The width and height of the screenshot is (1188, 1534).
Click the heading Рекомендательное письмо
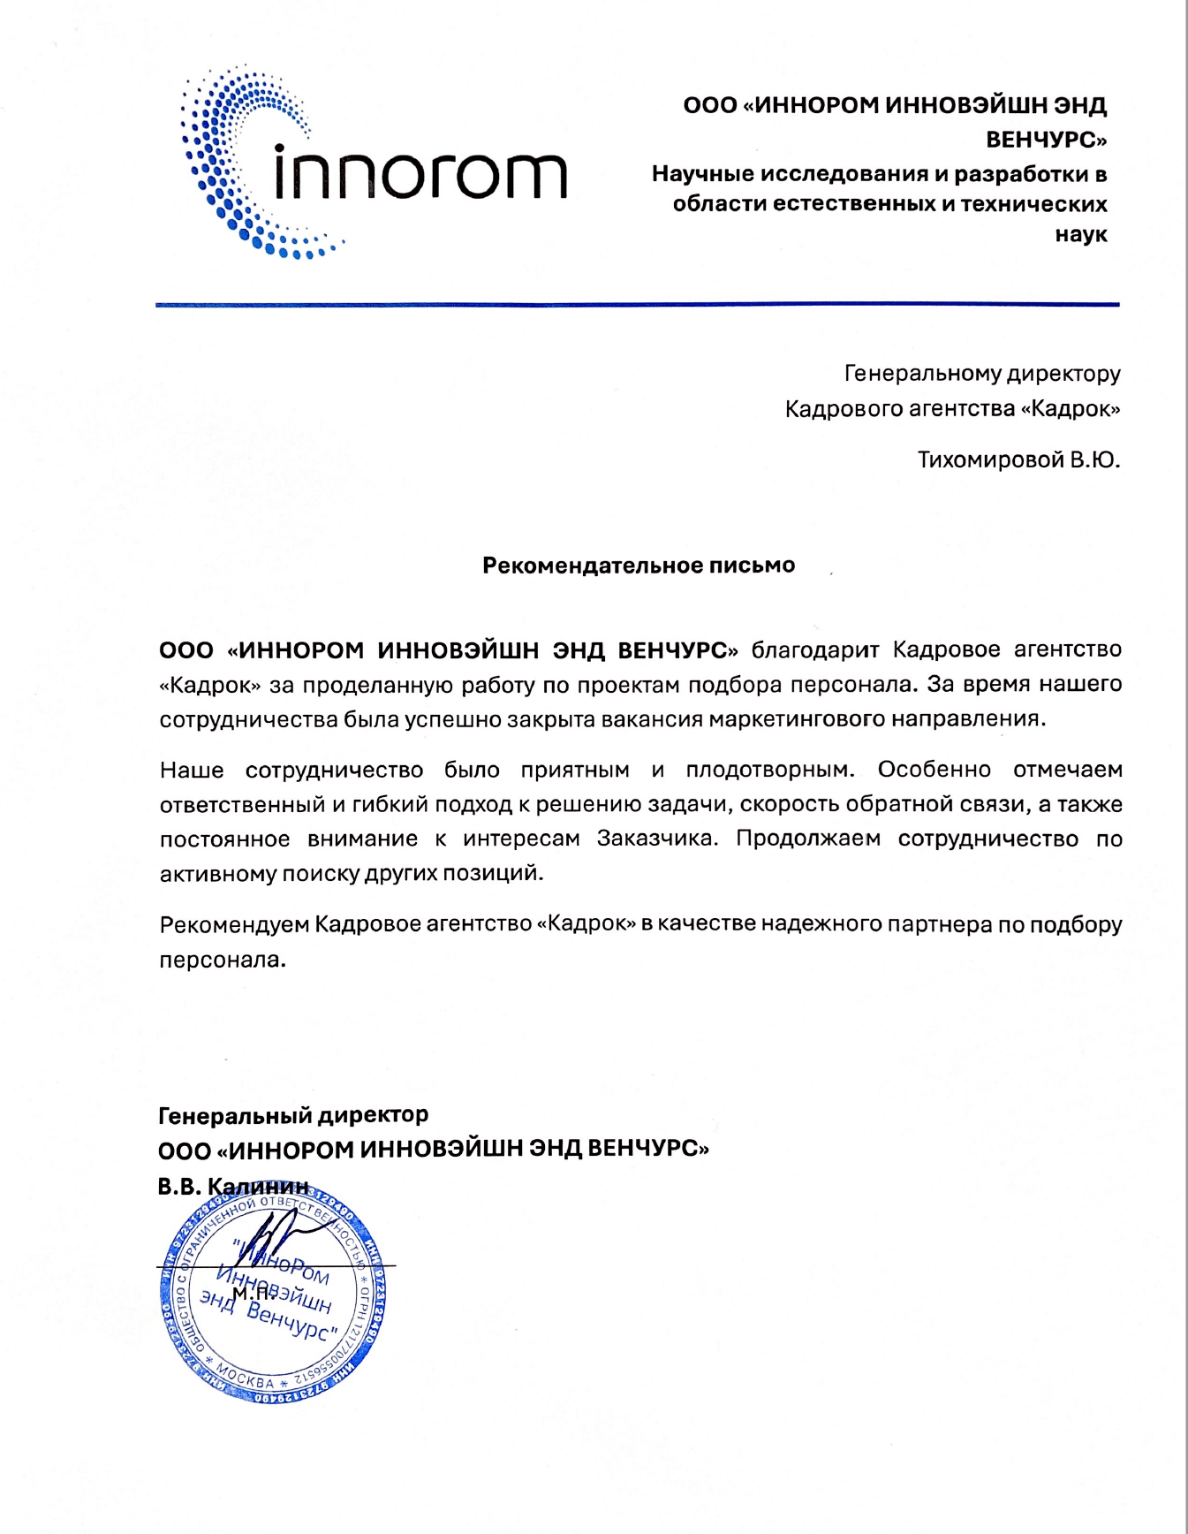click(638, 566)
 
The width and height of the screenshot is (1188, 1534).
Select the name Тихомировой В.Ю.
click(1018, 460)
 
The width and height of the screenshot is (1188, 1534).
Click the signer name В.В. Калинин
click(233, 1187)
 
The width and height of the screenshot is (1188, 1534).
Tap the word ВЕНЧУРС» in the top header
click(1046, 140)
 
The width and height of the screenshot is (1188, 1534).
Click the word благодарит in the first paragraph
click(814, 650)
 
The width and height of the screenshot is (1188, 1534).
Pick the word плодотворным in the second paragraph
click(770, 770)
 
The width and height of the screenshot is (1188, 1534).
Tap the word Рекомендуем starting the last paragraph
click(234, 925)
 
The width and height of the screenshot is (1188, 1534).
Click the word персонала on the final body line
click(222, 960)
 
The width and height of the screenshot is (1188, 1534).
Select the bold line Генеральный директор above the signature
click(293, 1116)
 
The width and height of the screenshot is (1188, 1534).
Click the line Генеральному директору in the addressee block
click(982, 374)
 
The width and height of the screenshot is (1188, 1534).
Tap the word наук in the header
click(1081, 235)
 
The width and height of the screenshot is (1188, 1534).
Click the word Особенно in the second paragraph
click(935, 770)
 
